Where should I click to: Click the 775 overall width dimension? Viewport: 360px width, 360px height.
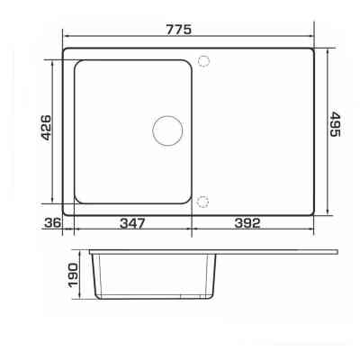(179, 30)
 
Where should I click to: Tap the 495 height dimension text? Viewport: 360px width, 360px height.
(335, 124)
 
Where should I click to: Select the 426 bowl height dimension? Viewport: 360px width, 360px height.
(46, 128)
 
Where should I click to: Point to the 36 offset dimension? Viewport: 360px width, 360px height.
(52, 222)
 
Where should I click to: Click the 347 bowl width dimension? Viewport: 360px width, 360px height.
(132, 223)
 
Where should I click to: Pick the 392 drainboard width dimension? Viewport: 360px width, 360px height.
(247, 223)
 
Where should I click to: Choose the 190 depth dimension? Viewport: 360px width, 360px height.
(73, 275)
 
